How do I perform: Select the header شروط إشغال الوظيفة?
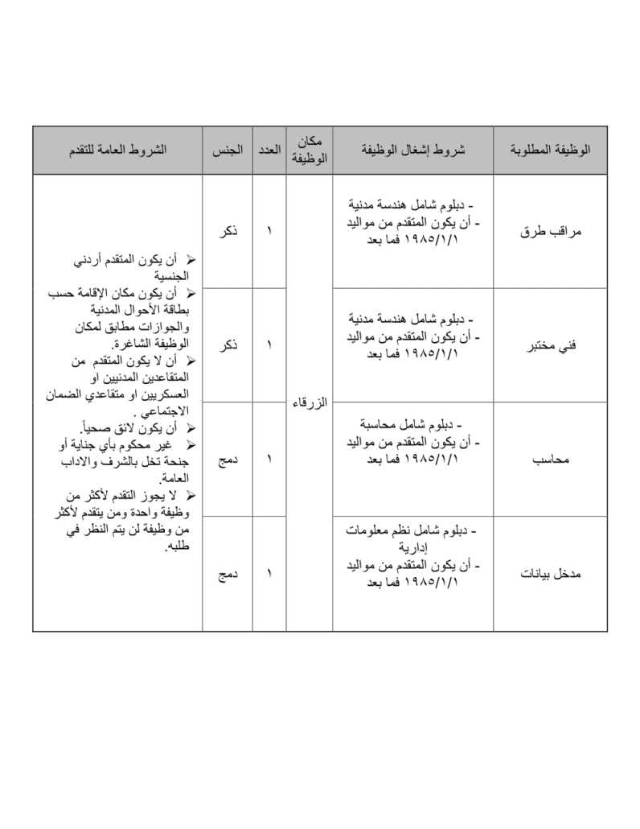click(x=412, y=151)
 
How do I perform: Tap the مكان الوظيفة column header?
click(x=309, y=151)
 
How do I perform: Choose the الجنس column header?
click(x=228, y=151)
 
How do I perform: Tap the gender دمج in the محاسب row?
click(x=227, y=460)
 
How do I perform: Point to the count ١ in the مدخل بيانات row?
click(x=269, y=574)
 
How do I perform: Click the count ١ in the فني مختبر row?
click(x=269, y=345)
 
